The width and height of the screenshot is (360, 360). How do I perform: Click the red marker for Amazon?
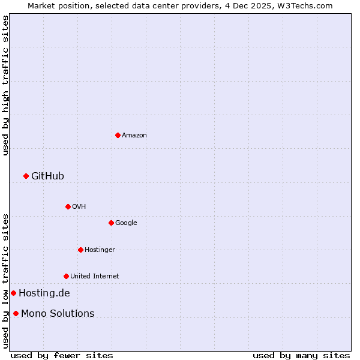pos(118,135)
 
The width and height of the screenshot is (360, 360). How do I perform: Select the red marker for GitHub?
pos(26,176)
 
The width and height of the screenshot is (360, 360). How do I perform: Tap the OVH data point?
pos(68,206)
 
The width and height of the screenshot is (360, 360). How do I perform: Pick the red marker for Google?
pos(111,223)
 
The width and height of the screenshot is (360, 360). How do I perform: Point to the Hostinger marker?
pos(80,250)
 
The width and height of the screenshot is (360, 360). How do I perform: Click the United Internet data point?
pos(66,276)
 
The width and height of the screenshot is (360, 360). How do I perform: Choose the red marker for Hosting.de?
pos(13,293)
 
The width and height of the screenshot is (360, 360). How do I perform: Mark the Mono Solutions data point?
pos(16,313)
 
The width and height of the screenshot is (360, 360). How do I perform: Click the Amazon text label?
pos(134,136)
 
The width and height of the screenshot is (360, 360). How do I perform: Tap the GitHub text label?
pos(47,176)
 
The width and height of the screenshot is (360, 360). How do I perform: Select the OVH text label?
pos(79,207)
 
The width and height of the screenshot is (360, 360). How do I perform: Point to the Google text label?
pos(126,223)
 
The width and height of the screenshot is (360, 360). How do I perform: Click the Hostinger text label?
pos(100,250)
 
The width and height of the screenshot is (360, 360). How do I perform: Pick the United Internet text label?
pos(94,277)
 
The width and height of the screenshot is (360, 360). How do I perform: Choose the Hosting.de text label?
pos(44,293)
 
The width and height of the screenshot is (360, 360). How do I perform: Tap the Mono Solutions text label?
pos(58,314)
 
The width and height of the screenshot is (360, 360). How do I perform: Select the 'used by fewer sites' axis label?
pos(62,355)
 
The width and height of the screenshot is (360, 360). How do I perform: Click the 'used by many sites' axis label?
pos(301,355)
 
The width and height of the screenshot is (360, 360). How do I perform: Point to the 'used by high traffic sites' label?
pos(6,86)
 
